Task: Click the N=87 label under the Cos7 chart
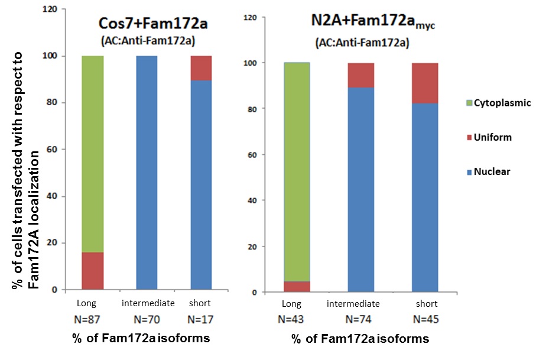point(91,319)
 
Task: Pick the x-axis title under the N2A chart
point(360,340)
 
